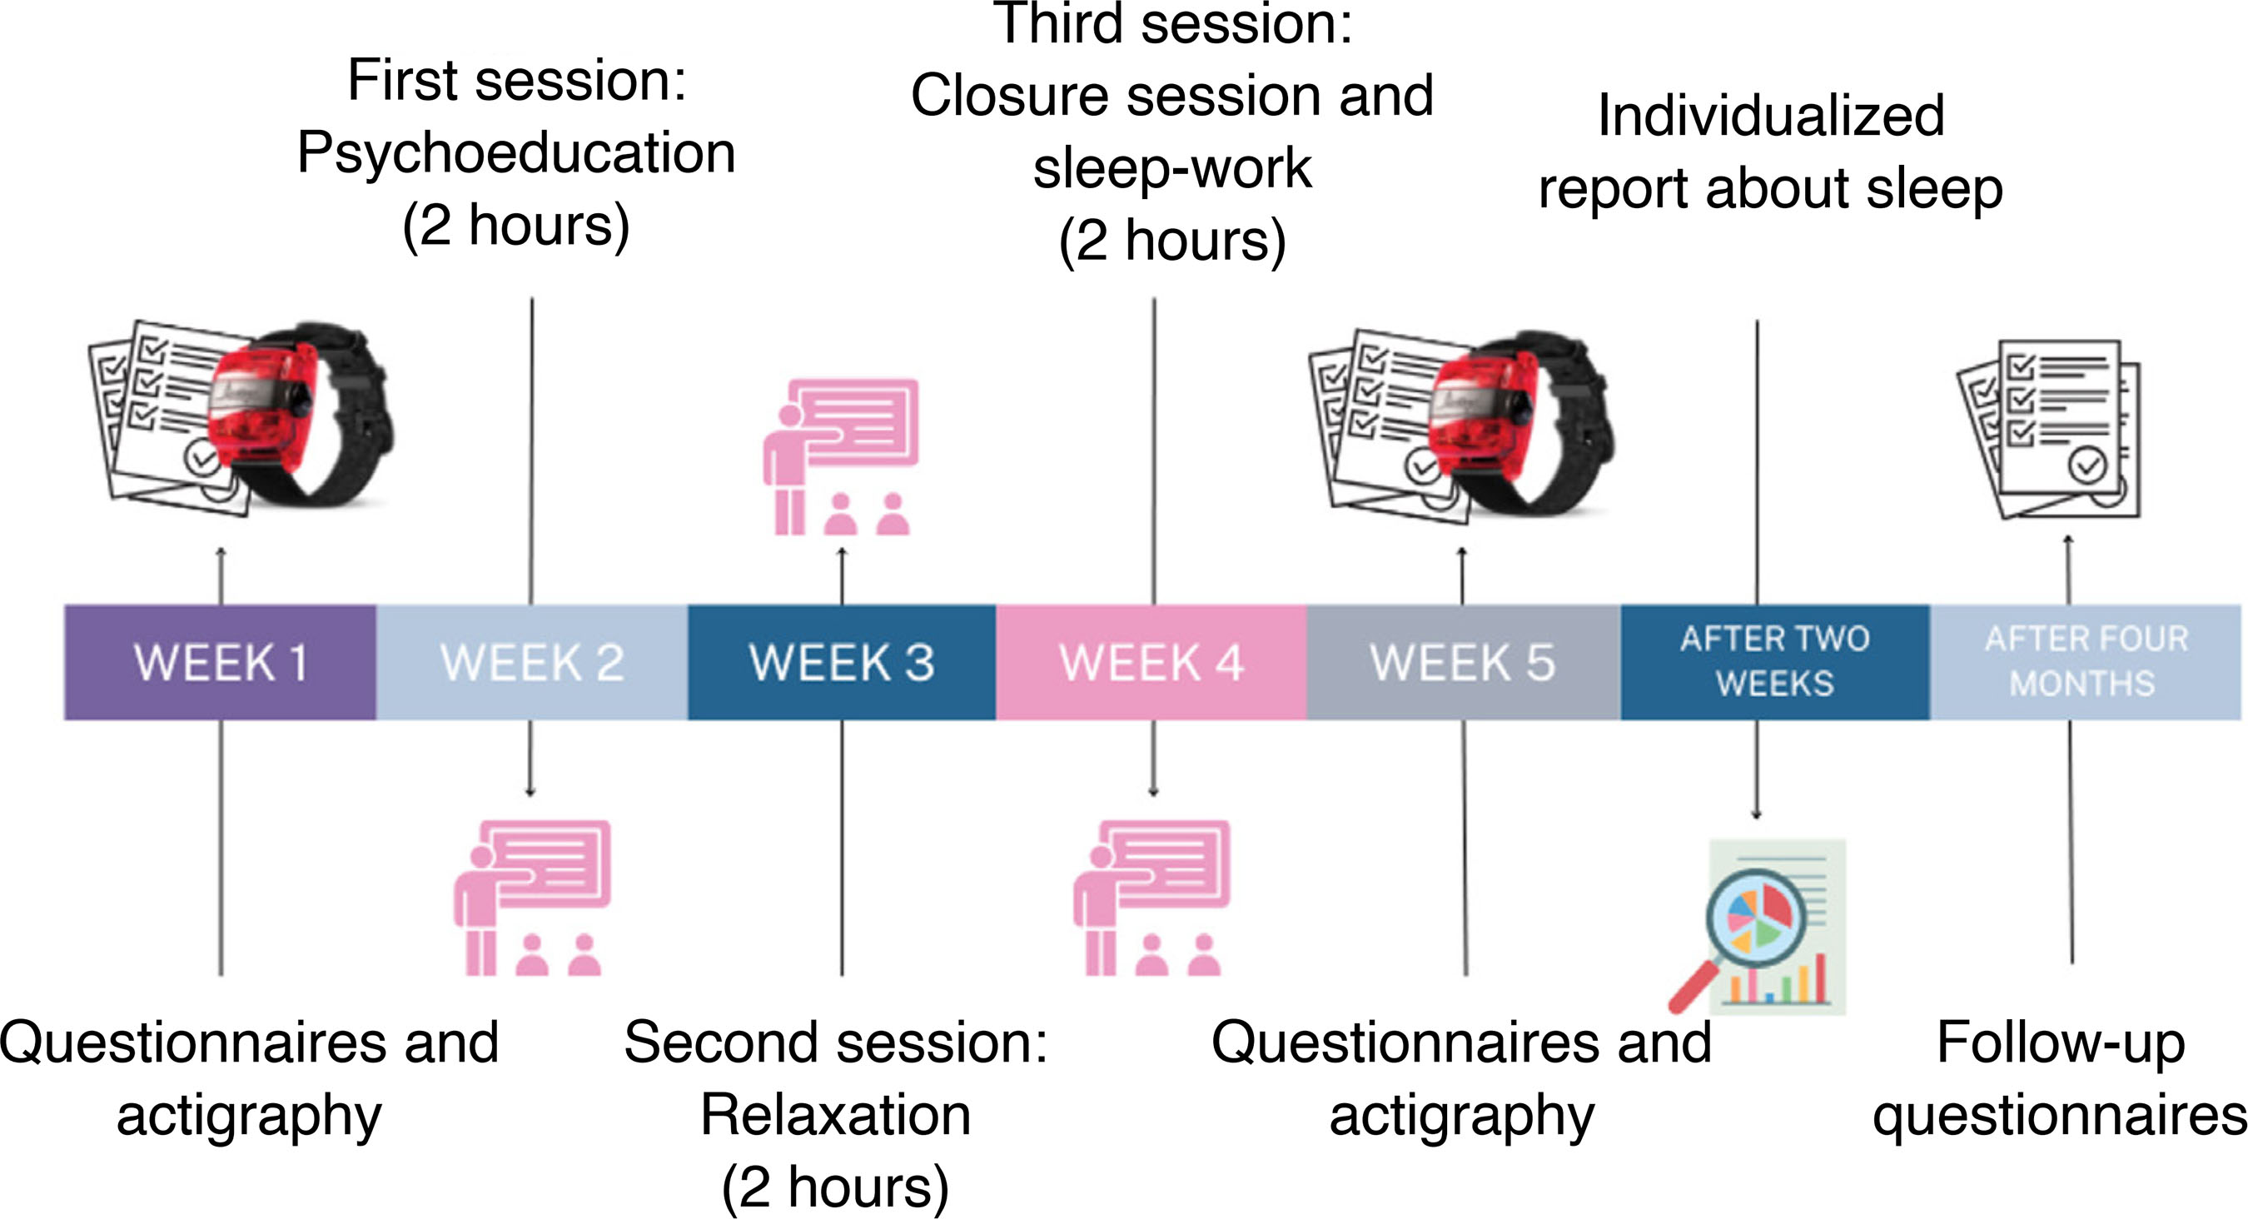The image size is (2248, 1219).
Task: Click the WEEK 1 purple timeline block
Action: pos(220,662)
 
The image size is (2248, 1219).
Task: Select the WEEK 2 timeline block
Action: pos(531,662)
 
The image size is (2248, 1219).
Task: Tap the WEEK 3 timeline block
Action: pos(841,662)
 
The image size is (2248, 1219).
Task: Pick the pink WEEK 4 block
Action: pos(1151,662)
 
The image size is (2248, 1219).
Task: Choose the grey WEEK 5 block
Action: pos(1463,662)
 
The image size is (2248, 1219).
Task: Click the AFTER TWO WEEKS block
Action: pos(1775,662)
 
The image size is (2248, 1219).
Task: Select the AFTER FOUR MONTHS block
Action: pos(2086,662)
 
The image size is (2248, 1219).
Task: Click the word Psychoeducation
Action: pos(515,153)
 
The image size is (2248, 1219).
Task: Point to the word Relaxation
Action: pos(835,1115)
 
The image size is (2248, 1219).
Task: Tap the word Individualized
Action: pos(1771,116)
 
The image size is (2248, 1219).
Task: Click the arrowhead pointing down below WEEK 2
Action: pos(530,791)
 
